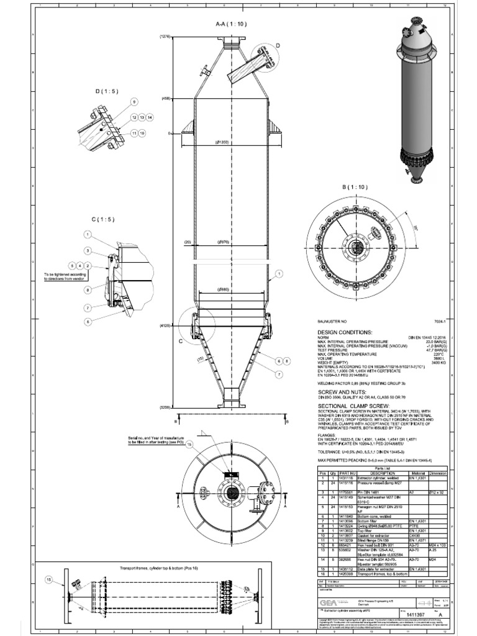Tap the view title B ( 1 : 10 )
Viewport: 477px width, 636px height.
coord(355,186)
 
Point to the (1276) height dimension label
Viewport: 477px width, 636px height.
coord(165,37)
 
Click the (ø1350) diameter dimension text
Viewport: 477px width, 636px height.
coord(221,142)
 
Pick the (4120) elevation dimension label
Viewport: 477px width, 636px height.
coord(165,325)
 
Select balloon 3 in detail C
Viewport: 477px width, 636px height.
coord(88,250)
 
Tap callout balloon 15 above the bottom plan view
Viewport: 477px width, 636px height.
coord(189,445)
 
